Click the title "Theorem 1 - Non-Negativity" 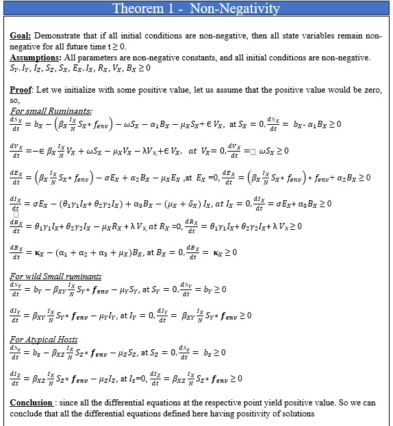tap(196, 8)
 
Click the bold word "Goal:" tap(22, 35)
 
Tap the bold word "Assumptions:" tap(33, 58)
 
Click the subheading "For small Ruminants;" tap(51, 111)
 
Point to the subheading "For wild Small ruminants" tap(56, 276)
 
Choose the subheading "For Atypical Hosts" tap(44, 339)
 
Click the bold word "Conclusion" tap(32, 402)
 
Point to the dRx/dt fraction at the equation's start tap(16, 226)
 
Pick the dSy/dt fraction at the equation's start tap(16, 289)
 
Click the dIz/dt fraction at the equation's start tap(15, 378)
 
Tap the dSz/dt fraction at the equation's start tap(16, 353)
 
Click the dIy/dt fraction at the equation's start tap(15, 315)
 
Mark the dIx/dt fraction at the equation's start tap(15, 203)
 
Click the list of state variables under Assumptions tap(80, 69)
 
